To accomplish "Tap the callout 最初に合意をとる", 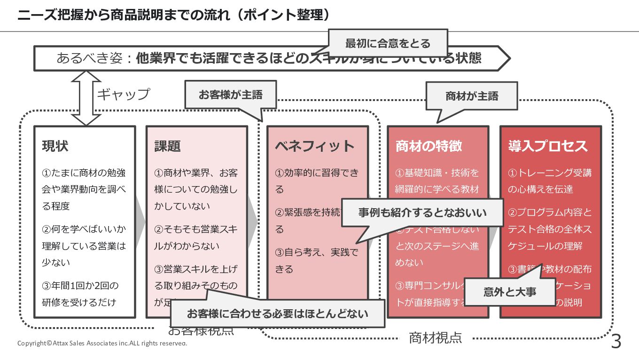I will tap(388, 44).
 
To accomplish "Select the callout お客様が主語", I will tap(230, 95).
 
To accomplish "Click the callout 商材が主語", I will tap(471, 96).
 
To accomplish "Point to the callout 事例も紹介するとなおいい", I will tap(422, 213).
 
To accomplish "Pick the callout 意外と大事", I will tap(510, 292).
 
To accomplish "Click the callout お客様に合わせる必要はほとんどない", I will tap(277, 313).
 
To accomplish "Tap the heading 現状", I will tap(55, 146).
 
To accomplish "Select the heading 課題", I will tap(167, 146).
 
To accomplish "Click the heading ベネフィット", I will tap(314, 146).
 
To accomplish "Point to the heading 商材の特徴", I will tap(429, 146).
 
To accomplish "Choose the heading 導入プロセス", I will tap(548, 146).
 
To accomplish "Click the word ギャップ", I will tap(123, 94).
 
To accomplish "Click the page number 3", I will tap(616, 342).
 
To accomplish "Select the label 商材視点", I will tap(435, 337).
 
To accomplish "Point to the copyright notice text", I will tap(102, 343).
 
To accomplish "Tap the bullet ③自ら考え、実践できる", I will tap(317, 261).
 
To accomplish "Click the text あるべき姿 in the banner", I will tap(89, 58).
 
